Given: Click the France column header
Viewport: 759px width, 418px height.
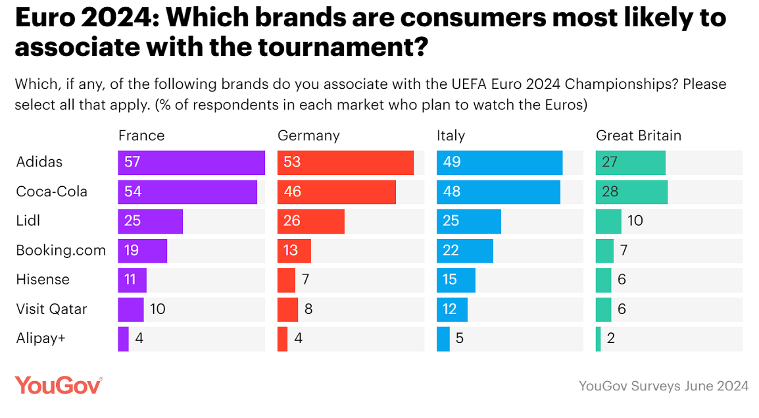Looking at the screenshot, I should tap(141, 136).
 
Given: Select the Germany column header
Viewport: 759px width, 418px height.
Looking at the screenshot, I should tap(308, 136).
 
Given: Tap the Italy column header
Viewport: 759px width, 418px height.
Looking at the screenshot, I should tap(451, 136).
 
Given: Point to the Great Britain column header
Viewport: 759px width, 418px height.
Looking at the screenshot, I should tap(638, 136).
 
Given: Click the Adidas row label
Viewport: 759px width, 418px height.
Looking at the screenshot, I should tap(39, 163).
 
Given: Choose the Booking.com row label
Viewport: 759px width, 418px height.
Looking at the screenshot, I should tap(61, 250).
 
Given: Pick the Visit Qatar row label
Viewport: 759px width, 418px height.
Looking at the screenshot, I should tap(51, 309).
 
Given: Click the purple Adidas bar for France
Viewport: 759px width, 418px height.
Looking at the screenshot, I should tap(191, 163).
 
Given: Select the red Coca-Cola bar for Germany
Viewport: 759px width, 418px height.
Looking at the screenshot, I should tap(336, 192).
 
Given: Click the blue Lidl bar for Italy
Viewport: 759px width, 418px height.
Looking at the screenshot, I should tap(468, 221).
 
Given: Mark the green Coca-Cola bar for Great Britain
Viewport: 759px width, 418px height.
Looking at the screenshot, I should tap(631, 192).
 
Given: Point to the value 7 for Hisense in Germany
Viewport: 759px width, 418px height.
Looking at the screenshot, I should tap(305, 280).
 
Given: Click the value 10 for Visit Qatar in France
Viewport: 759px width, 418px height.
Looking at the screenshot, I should tap(158, 309).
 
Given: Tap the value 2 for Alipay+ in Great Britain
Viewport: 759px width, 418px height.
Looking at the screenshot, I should tap(611, 338).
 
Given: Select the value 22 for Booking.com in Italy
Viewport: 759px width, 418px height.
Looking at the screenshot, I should tap(451, 250).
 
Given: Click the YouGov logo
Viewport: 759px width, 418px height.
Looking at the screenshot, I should tap(59, 385).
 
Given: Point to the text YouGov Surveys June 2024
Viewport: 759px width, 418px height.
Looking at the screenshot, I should tap(663, 386).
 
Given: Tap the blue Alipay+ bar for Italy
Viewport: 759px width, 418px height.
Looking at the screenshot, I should tap(443, 338).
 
